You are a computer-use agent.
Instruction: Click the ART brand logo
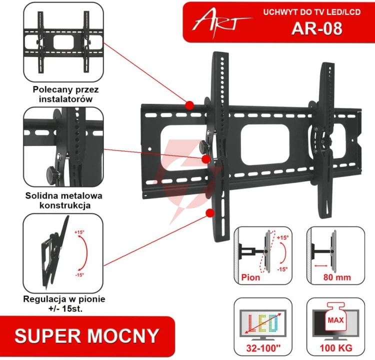[221, 21]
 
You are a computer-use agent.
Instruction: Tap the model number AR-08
[316, 28]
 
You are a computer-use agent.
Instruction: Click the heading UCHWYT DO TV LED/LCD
[312, 12]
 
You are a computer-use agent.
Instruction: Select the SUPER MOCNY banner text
[87, 336]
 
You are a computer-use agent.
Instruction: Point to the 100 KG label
[336, 348]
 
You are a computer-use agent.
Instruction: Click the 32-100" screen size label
[263, 348]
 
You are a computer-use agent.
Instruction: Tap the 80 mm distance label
[337, 277]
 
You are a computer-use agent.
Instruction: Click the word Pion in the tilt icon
[250, 277]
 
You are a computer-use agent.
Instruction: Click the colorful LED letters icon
[263, 323]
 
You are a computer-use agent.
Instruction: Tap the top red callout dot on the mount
[190, 105]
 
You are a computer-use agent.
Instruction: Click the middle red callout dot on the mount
[205, 159]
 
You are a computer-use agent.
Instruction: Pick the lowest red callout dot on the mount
[210, 212]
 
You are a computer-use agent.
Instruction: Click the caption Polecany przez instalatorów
[65, 94]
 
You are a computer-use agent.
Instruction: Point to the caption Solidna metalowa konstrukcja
[64, 200]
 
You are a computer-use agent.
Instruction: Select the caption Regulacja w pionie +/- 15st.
[64, 303]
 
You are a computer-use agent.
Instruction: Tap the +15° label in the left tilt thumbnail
[79, 232]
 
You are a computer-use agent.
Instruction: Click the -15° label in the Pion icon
[282, 269]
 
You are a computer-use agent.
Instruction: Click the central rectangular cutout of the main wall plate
[265, 144]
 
